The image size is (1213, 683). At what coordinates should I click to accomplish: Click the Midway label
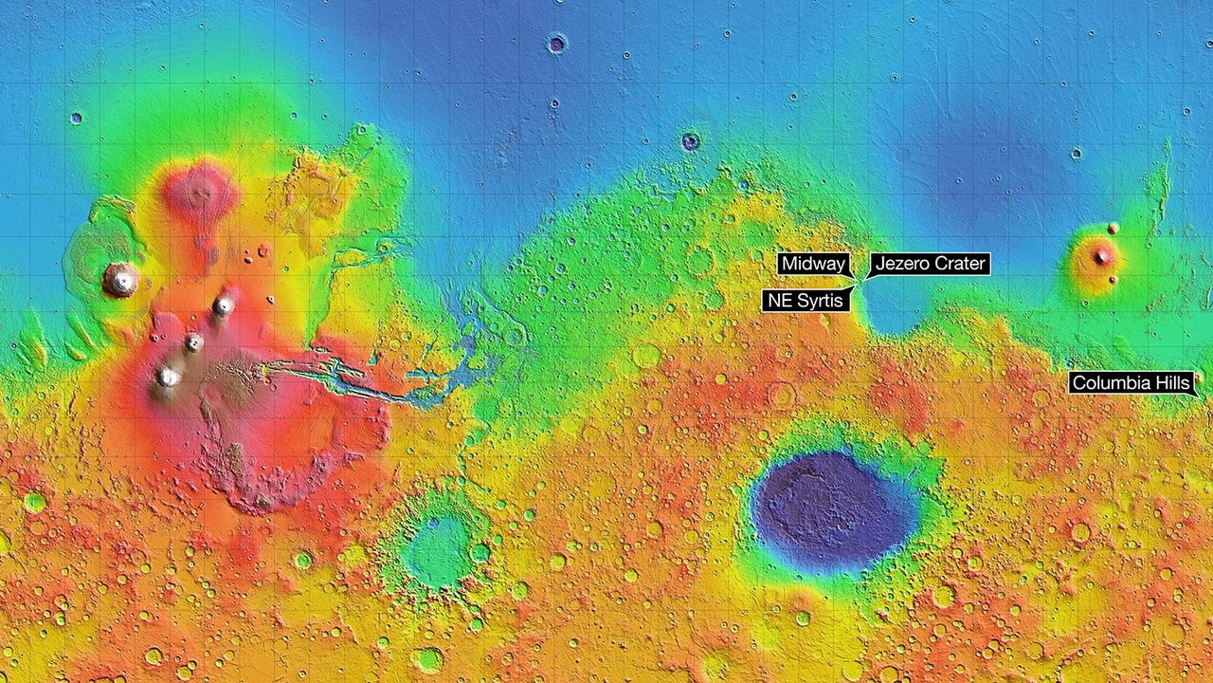pos(813,264)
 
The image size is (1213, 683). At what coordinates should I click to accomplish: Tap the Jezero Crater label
pos(930,264)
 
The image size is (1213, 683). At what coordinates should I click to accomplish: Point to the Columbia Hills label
pos(1131,383)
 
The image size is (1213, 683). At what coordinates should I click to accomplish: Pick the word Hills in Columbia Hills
pos(1169,383)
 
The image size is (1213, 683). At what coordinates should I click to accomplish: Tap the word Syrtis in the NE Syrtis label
pos(822,301)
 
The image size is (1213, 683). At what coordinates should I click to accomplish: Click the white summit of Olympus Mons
pos(121,279)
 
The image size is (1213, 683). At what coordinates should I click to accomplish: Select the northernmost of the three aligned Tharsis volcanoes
pos(224,305)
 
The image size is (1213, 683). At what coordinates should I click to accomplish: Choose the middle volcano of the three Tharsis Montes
pos(194,342)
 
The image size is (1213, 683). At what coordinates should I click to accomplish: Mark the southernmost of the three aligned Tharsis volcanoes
pos(168,377)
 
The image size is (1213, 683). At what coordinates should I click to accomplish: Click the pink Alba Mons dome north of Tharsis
pos(199,190)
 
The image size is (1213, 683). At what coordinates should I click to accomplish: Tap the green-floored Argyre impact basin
pos(436,550)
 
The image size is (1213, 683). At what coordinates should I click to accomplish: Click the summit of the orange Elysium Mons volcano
pos(1101,256)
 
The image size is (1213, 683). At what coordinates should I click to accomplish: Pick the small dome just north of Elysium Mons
pos(1113,229)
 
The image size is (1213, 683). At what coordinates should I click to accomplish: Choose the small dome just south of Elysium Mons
pos(1113,280)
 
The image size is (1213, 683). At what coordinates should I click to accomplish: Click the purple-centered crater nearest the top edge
pos(556,43)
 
